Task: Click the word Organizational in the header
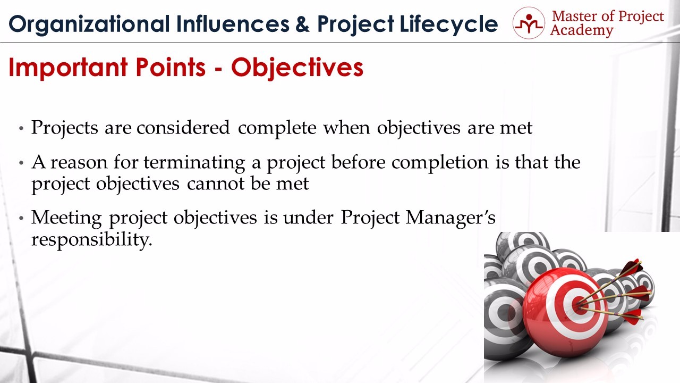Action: coord(89,24)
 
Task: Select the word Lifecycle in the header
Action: coord(449,24)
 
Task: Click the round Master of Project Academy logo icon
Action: coord(529,23)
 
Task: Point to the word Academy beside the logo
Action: coord(582,31)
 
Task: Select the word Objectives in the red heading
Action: coord(297,68)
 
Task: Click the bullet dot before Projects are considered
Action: coord(21,128)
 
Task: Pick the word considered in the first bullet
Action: coord(183,127)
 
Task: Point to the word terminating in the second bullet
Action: coord(194,163)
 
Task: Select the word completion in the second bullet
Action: coord(440,163)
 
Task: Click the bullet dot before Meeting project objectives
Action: coord(21,218)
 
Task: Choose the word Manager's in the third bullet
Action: coord(450,218)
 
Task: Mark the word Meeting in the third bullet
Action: coord(66,219)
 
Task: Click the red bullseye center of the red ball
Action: coord(579,305)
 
